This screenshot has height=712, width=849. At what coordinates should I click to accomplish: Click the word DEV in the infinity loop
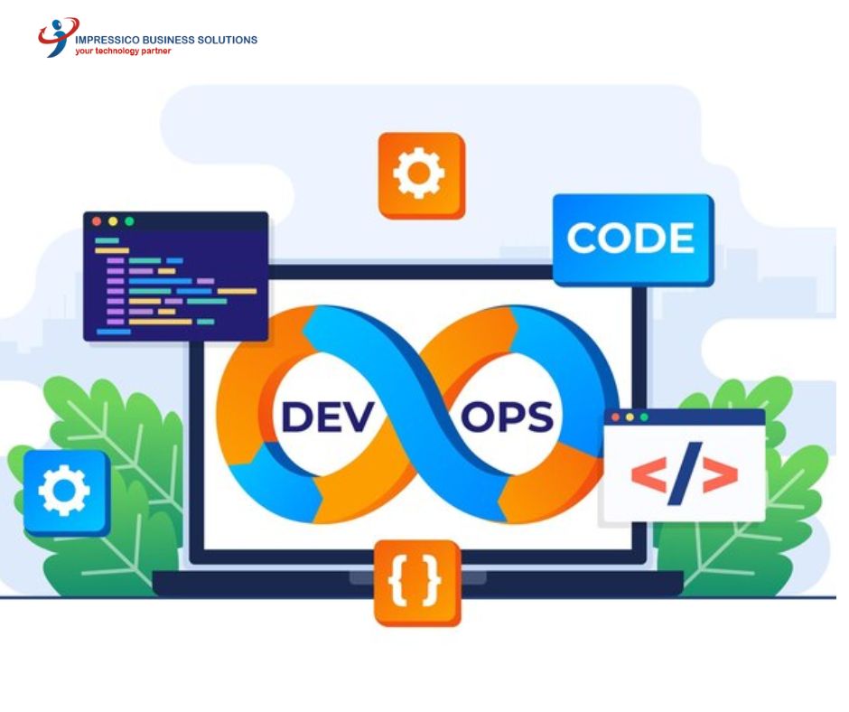click(328, 417)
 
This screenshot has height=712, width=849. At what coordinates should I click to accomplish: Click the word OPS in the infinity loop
click(507, 417)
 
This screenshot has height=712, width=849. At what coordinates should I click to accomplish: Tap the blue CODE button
click(633, 239)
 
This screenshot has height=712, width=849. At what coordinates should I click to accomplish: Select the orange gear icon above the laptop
click(421, 175)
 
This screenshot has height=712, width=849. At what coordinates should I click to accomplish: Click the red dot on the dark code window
click(97, 221)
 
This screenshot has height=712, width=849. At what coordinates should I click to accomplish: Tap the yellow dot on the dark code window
click(113, 221)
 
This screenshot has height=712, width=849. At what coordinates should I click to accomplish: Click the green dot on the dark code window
click(129, 221)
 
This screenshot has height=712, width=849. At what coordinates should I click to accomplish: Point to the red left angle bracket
click(648, 475)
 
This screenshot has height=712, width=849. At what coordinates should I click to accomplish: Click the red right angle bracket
click(720, 475)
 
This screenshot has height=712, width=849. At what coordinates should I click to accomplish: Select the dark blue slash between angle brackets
click(685, 473)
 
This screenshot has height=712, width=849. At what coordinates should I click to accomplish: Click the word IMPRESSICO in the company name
click(107, 40)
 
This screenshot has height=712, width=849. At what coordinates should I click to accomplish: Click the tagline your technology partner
click(123, 51)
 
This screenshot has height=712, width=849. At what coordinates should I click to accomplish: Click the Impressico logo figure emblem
click(58, 37)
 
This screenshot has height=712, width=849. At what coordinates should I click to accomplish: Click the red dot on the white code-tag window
click(615, 417)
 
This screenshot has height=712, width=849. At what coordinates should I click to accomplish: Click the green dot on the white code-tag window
click(644, 417)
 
